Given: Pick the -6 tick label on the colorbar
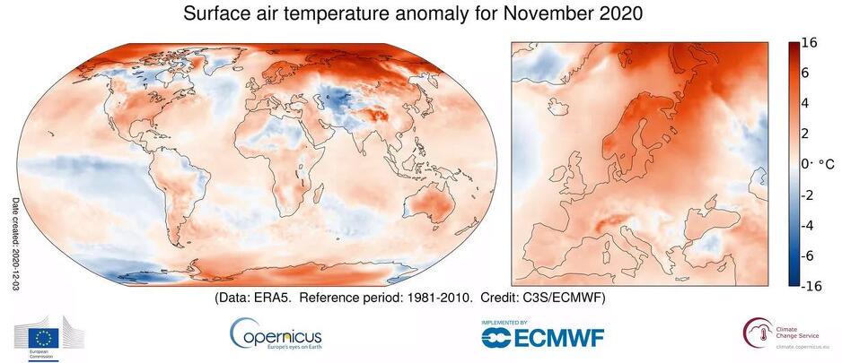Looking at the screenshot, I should [x=805, y=255].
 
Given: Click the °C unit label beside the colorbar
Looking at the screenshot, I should [x=820, y=163].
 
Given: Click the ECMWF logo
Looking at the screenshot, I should [x=542, y=336].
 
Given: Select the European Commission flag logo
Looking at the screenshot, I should [x=42, y=338].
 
